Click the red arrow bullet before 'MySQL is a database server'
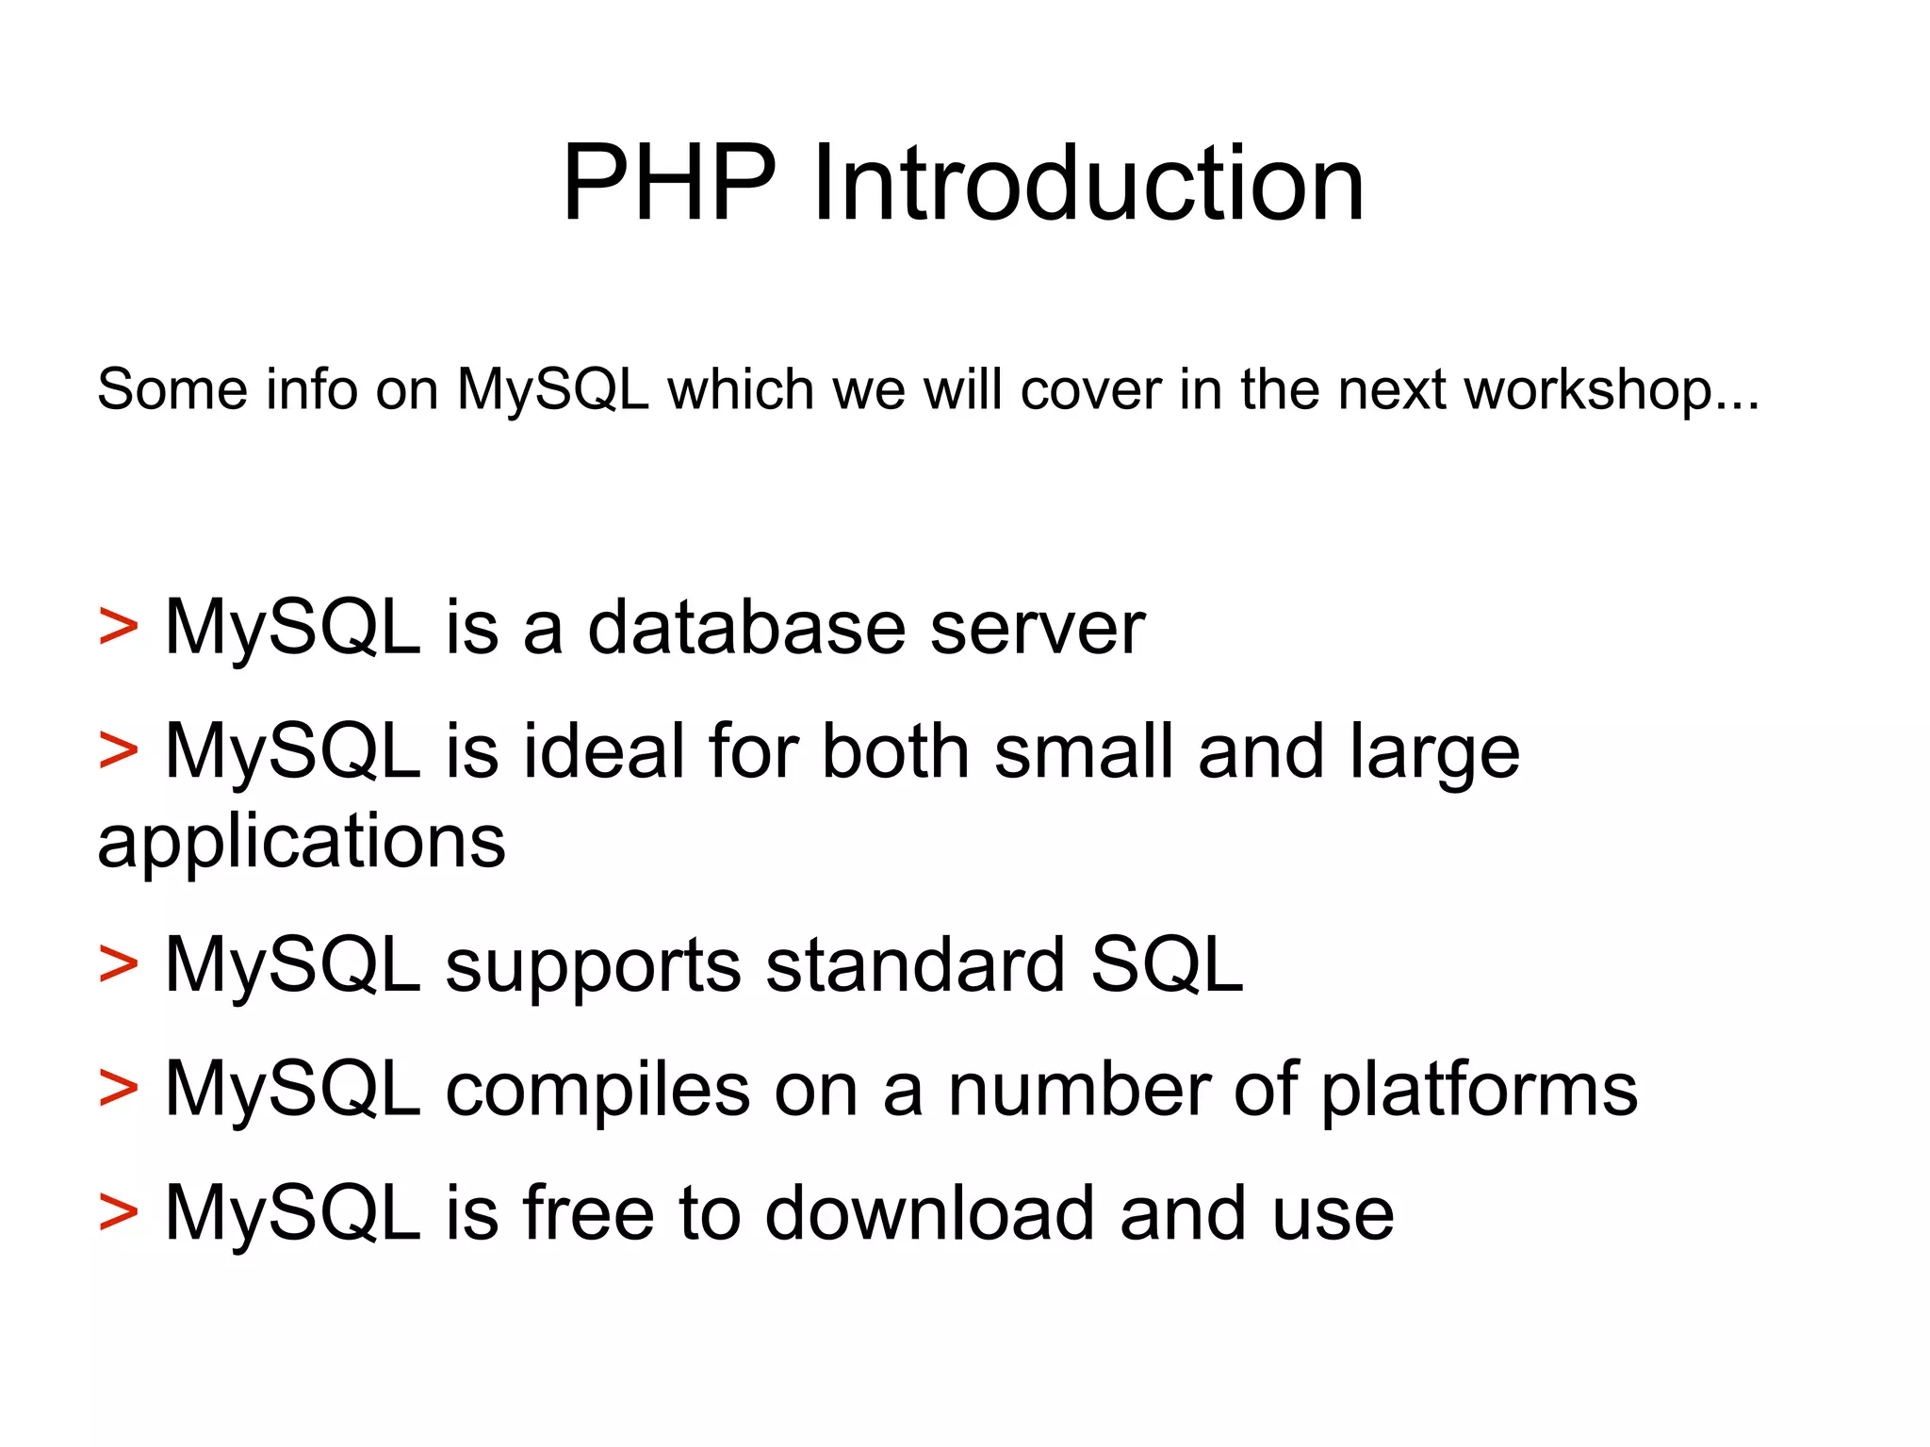pyautogui.click(x=118, y=628)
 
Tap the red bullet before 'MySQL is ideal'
pyautogui.click(x=118, y=751)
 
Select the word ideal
pyautogui.click(x=604, y=751)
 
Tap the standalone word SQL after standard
pyautogui.click(x=1167, y=965)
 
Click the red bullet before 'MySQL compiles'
pyautogui.click(x=118, y=1089)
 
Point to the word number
pyautogui.click(x=1078, y=1089)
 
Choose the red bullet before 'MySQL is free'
pyautogui.click(x=118, y=1213)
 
